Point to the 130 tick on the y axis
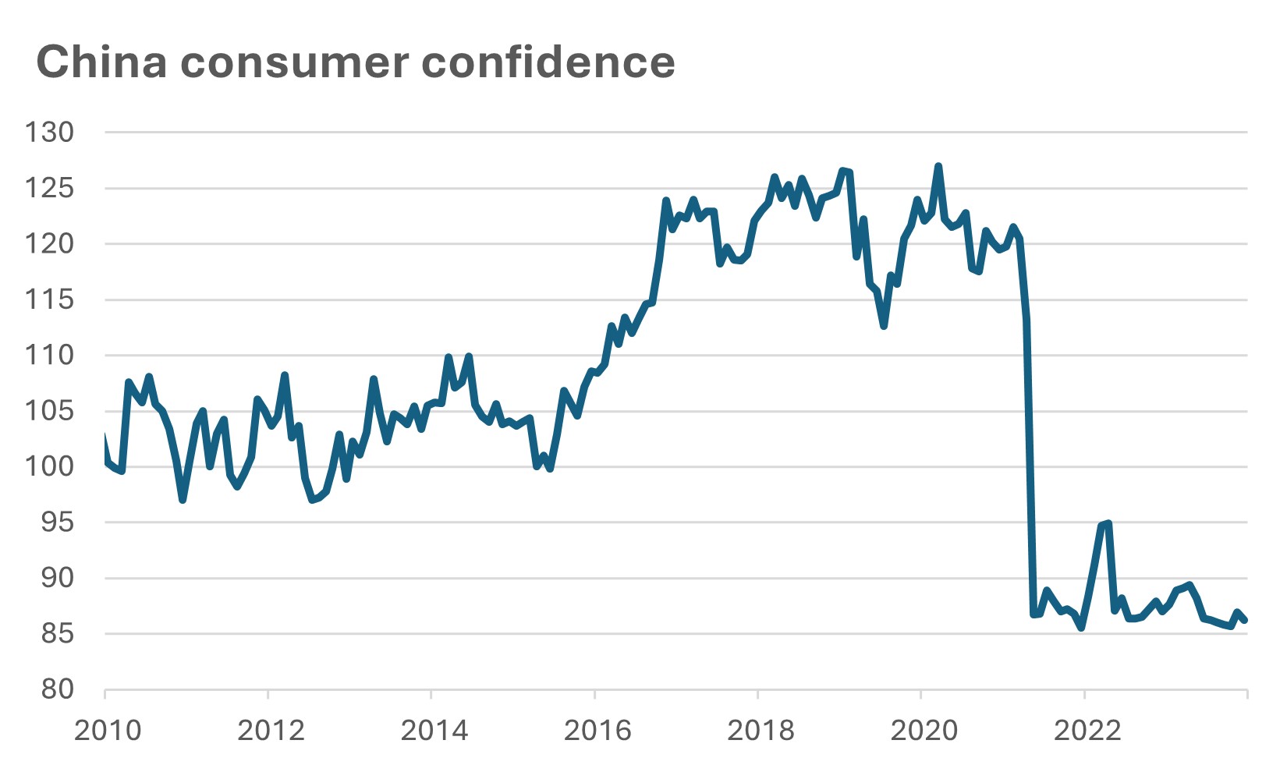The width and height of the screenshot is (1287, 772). (49, 133)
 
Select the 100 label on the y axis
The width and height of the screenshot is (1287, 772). (49, 467)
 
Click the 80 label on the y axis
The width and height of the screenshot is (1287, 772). (57, 689)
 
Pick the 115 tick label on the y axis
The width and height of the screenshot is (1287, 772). (49, 299)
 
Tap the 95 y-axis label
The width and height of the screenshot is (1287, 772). (57, 522)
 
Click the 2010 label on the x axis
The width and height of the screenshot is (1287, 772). (108, 731)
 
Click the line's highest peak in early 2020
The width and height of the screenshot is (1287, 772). (938, 166)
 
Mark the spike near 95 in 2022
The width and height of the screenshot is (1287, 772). (1108, 523)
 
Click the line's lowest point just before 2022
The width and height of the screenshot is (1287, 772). (1081, 627)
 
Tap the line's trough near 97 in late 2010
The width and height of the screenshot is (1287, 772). (183, 500)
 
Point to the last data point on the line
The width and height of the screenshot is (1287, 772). (1246, 621)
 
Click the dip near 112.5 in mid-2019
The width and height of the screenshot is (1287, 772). (884, 326)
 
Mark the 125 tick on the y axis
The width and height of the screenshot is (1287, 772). (49, 188)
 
